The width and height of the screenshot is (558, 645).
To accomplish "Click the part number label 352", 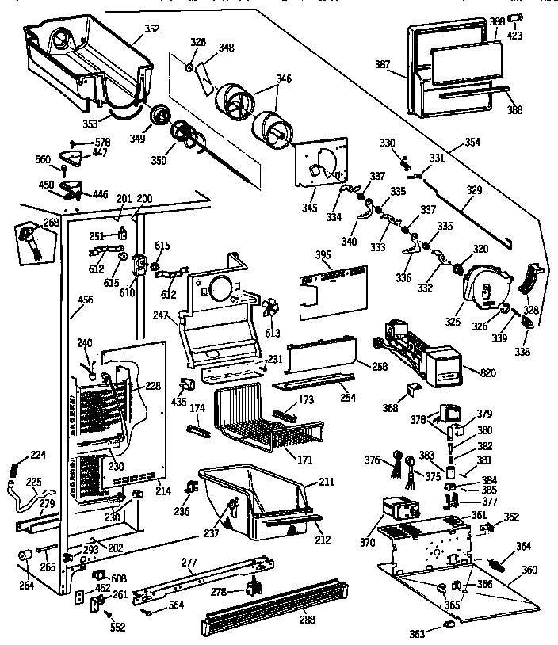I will coord(152,29).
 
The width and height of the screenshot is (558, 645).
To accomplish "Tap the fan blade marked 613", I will coord(270,308).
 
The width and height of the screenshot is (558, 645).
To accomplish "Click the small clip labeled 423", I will coord(514,17).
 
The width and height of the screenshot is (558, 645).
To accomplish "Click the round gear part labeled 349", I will coord(162,116).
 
